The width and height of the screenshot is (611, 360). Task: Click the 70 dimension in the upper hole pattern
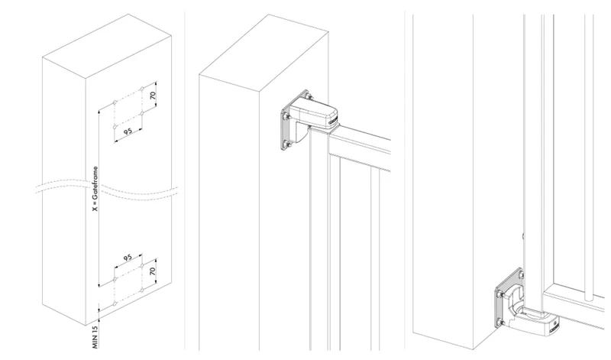click(x=153, y=97)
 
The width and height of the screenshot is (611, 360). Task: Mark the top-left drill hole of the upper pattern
click(x=114, y=102)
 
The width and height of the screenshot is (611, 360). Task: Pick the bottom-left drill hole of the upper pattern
click(x=114, y=125)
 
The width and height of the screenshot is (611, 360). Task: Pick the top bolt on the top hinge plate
click(x=309, y=93)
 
